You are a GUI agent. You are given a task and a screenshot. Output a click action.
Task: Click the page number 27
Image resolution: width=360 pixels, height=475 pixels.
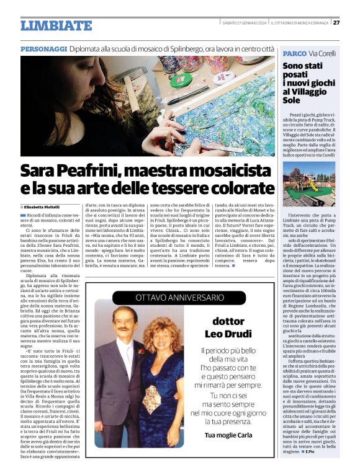pyautogui.click(x=336, y=23)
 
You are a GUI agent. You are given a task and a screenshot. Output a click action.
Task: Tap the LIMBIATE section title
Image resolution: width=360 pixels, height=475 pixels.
pyautogui.click(x=56, y=25)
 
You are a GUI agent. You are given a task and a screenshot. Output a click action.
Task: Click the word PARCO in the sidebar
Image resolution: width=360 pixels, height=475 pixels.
pyautogui.click(x=294, y=53)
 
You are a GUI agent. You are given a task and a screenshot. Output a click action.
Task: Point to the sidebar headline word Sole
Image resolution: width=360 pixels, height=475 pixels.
pyautogui.click(x=292, y=99)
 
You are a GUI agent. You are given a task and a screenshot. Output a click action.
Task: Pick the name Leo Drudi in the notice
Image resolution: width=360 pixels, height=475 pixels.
pyautogui.click(x=228, y=334)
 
